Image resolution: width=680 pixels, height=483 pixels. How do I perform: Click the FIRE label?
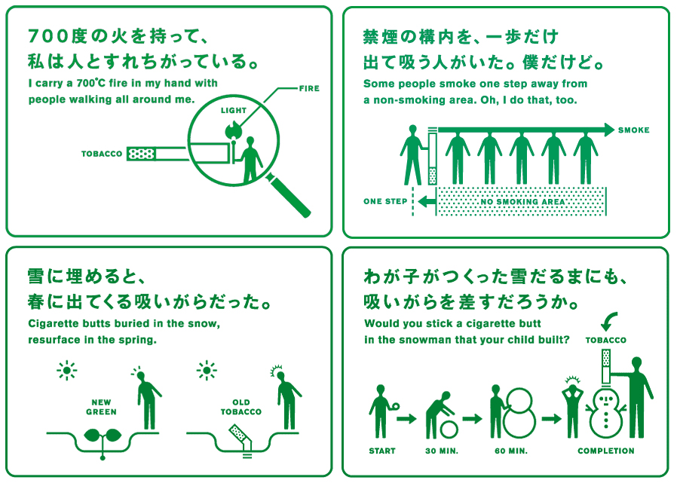[x=309, y=88]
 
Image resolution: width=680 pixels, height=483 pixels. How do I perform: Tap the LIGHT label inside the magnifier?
[x=233, y=111]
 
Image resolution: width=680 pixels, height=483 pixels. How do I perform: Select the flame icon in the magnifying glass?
[x=232, y=129]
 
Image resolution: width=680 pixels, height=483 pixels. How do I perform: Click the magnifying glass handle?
[x=289, y=195]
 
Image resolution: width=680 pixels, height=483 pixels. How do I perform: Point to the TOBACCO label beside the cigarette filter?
[x=102, y=154]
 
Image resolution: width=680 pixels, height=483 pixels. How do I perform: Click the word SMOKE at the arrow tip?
[x=633, y=130]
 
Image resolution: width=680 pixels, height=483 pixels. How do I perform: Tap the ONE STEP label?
[x=385, y=201]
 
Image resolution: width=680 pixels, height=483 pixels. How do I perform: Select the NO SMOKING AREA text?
[x=522, y=202]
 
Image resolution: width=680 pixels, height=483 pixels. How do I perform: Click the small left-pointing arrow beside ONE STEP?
[x=427, y=201]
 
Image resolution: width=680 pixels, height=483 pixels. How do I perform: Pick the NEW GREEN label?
[x=101, y=407]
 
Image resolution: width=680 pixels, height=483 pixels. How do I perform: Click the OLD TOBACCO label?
[x=240, y=407]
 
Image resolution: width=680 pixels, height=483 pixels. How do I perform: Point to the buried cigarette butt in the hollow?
[x=240, y=437]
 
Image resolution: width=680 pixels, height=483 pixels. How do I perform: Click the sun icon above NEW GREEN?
[x=67, y=371]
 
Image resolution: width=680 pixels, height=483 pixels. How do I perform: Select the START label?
[x=382, y=451]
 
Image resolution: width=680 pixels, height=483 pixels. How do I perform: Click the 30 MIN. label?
[x=442, y=451]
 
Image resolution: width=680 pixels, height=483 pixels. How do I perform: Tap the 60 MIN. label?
[x=511, y=451]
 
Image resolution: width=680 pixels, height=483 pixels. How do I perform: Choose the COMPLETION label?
[x=606, y=451]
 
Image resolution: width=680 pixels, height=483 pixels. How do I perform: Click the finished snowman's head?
[x=606, y=396]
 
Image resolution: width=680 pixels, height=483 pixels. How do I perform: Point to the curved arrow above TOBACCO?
[x=608, y=323]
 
